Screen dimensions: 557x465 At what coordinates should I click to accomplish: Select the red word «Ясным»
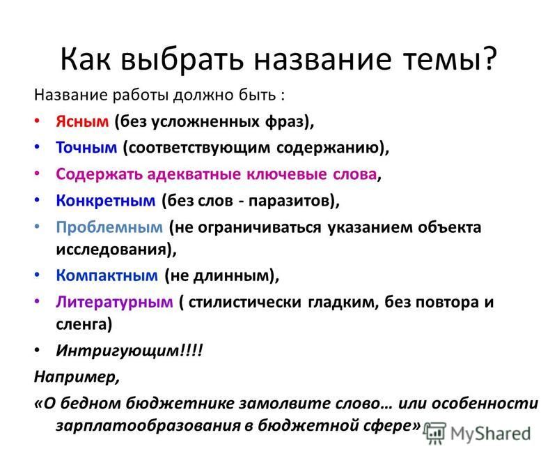pos(82,121)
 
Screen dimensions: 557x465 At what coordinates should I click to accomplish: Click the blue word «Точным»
pos(86,147)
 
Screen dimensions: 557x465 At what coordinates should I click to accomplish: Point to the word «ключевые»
pos(287,174)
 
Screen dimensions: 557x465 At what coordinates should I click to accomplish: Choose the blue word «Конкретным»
pos(106,201)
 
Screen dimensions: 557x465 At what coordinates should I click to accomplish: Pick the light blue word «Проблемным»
pos(109,227)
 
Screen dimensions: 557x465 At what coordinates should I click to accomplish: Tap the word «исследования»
pos(111,249)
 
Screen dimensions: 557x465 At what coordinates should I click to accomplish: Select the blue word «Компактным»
pos(107,275)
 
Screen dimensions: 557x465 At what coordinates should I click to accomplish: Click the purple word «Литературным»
pos(114,303)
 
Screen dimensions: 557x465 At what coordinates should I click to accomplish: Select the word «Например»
pos(74,376)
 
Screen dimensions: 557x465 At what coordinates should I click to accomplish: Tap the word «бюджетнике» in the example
pos(180,404)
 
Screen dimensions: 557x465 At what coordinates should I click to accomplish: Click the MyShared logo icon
pos(434,434)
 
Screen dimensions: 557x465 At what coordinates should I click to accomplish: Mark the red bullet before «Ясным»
pos(37,121)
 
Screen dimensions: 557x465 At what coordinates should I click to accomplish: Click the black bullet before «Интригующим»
pos(37,350)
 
